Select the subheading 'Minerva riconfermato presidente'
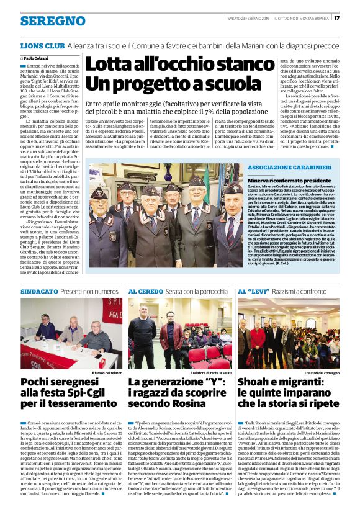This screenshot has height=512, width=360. coord(282,179)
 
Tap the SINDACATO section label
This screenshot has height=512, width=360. coord(38,290)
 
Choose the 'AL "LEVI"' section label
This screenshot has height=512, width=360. coord(252,290)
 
